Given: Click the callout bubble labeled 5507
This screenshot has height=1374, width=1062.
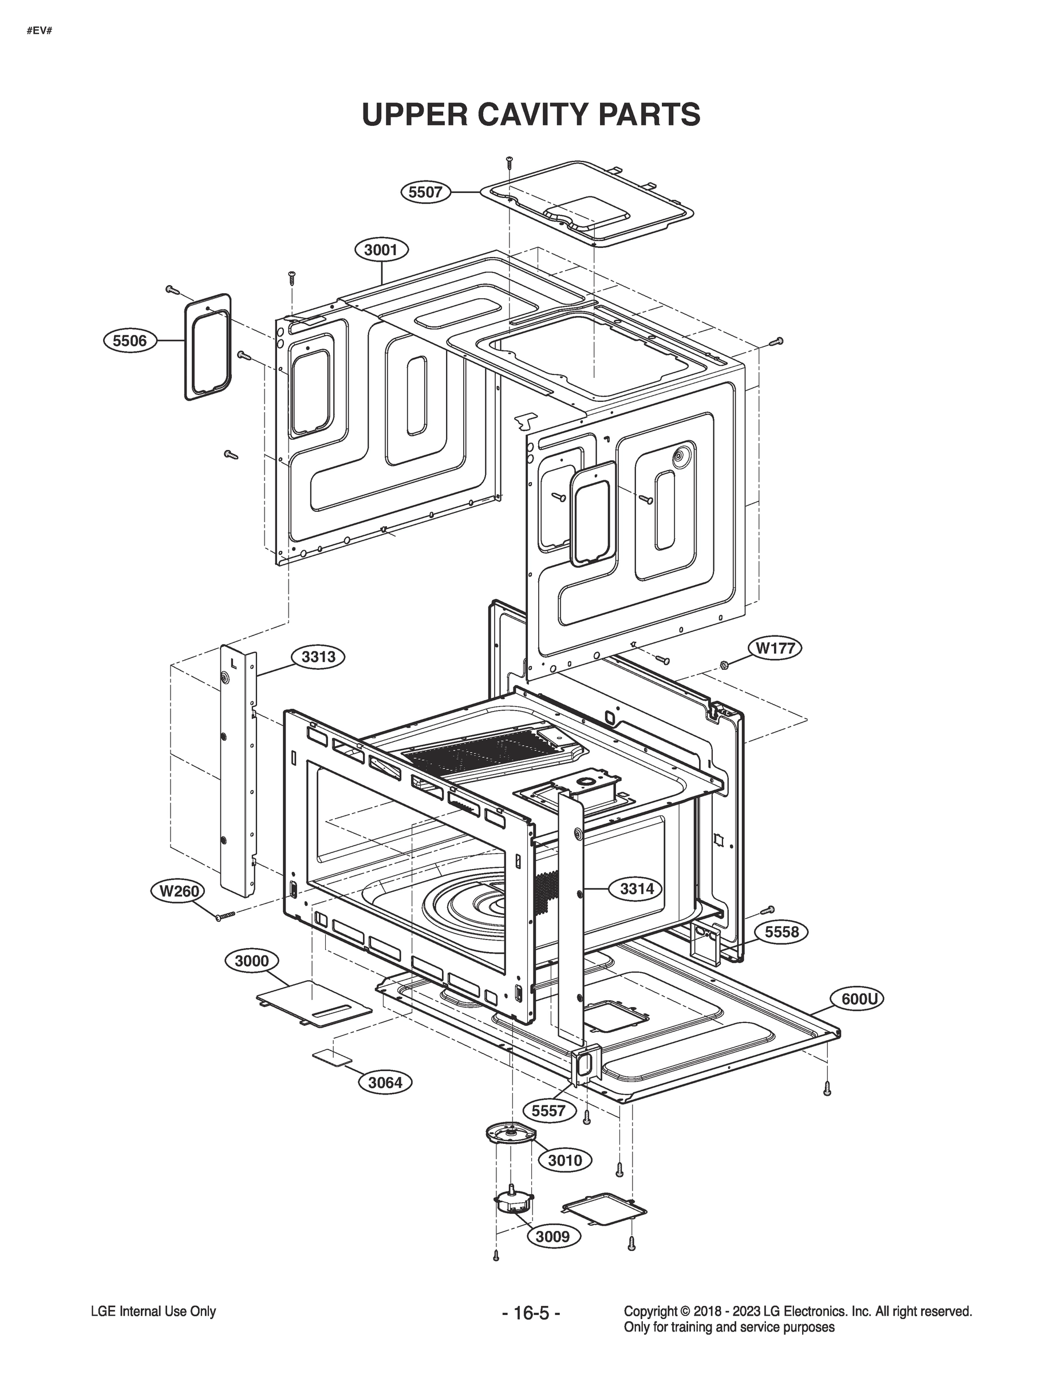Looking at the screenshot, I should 426,192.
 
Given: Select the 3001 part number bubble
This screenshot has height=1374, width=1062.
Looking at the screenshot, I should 381,250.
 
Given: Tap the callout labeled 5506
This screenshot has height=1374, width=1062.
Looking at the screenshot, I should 129,341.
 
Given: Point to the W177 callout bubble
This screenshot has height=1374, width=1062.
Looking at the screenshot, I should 775,649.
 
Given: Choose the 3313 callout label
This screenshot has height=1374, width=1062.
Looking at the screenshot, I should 318,657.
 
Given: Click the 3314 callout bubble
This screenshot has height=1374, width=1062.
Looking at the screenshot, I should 637,889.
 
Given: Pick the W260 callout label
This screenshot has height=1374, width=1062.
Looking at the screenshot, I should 179,891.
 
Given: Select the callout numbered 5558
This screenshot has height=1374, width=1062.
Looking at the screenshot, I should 781,931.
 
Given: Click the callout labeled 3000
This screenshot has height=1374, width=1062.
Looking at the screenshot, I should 252,961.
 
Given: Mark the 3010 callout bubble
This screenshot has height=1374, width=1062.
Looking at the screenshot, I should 565,1160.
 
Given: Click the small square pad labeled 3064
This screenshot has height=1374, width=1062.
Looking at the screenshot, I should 331,1057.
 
